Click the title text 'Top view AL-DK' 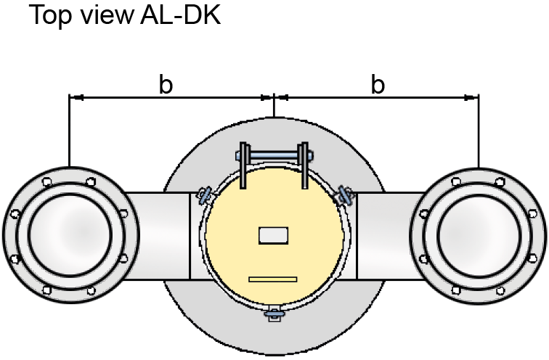(123, 16)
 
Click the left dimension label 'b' (166, 84)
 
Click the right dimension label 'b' (378, 84)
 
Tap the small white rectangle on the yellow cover (274, 235)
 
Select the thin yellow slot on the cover (273, 279)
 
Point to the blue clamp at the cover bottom (274, 313)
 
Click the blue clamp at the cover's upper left (206, 194)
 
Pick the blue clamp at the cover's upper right (343, 194)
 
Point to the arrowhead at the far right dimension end (473, 97)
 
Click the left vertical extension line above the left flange (69, 131)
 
